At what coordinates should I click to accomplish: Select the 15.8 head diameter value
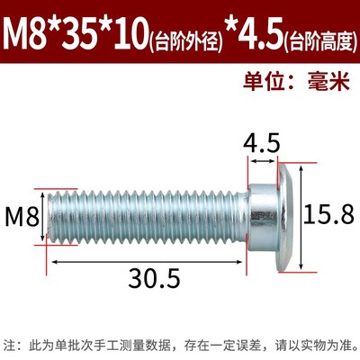pos(326,216)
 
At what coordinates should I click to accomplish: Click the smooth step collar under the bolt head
pos(261,216)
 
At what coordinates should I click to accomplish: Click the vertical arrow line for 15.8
pos(301,216)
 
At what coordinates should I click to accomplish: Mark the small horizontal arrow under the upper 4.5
pos(262,161)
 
